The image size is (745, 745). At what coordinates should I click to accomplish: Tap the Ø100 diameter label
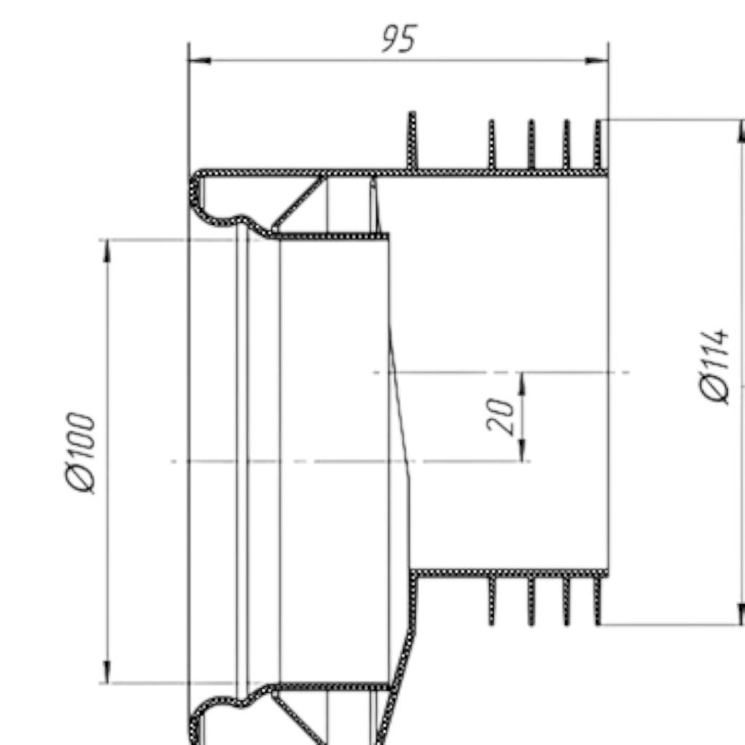[80, 453]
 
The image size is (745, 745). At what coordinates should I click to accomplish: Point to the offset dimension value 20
[501, 416]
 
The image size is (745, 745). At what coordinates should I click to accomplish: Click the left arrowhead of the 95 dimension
[199, 60]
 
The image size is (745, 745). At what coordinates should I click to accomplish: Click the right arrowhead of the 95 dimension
[597, 60]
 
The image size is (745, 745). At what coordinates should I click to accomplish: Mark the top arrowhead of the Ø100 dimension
[108, 251]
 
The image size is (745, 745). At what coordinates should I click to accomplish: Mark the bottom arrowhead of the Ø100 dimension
[108, 672]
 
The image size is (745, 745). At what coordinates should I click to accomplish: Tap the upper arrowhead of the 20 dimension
[522, 383]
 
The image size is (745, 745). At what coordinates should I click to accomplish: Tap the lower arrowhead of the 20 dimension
[522, 450]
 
